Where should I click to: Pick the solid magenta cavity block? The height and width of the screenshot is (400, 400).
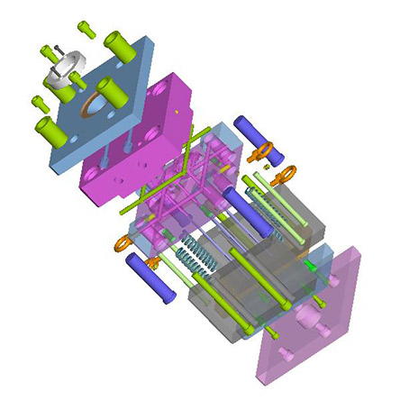pos(144,135)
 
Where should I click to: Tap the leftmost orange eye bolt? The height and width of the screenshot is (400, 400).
pos(123,239)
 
